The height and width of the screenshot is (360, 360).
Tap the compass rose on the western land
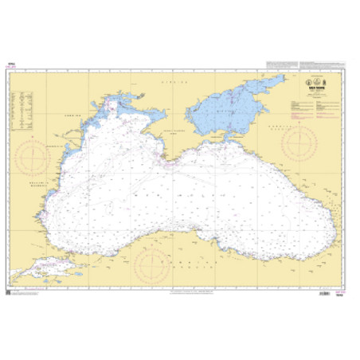click(31, 155)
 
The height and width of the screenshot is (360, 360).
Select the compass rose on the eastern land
click(298, 143)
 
